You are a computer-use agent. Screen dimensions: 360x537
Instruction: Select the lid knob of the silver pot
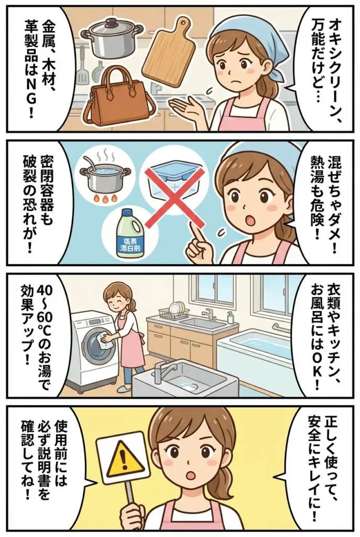click(112, 23)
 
